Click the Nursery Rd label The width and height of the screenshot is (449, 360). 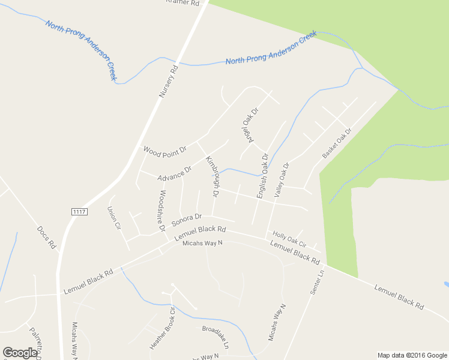(169, 82)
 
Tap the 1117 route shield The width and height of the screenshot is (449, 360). (79, 211)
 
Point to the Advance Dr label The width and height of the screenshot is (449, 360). (174, 174)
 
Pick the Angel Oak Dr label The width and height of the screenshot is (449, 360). (249, 125)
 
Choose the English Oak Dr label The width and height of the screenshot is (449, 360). (262, 176)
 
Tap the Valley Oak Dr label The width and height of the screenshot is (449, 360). (282, 180)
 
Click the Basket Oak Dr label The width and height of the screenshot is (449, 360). (337, 143)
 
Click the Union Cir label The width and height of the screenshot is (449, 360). (113, 218)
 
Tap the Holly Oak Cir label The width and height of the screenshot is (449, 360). (289, 240)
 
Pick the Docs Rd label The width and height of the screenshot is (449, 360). (46, 237)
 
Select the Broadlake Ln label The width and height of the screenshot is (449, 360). (215, 337)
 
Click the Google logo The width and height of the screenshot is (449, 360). (20, 353)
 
